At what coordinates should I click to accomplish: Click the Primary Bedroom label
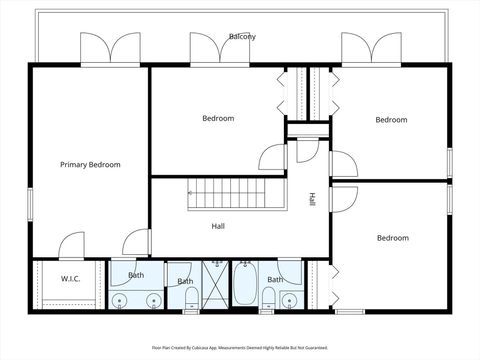click(90, 164)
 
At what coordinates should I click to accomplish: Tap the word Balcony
click(241, 37)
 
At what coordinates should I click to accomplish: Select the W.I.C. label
click(70, 279)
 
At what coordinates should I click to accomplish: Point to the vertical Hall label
click(312, 199)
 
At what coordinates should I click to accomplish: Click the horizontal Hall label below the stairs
click(218, 226)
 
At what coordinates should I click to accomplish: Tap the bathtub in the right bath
click(245, 288)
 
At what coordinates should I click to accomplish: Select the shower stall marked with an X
click(215, 287)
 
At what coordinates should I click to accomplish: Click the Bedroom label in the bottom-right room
click(392, 238)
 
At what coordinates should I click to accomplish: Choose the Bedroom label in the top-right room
click(391, 120)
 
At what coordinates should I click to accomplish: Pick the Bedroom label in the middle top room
click(218, 118)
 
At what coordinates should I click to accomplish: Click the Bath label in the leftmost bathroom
click(136, 275)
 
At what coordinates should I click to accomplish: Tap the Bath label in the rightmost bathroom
click(274, 279)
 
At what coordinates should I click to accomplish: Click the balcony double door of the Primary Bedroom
click(110, 49)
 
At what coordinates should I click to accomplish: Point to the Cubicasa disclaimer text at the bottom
click(240, 348)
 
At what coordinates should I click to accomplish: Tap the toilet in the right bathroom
click(268, 297)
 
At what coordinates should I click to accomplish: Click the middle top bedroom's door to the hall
click(273, 156)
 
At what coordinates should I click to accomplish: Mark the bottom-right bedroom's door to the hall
click(341, 198)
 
